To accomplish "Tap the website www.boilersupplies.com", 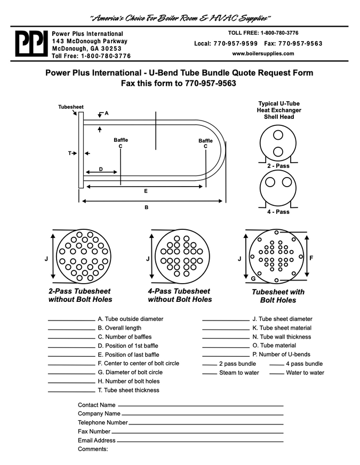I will [263, 53].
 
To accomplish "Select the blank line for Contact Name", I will [200, 406].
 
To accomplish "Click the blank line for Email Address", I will [200, 441].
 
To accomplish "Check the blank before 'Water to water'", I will [276, 373].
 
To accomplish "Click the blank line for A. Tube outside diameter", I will [71, 320].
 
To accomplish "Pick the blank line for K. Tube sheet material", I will [225, 329].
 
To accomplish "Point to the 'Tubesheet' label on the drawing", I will [71, 107].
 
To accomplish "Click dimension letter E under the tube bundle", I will [146, 191].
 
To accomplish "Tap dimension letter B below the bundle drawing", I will [146, 207].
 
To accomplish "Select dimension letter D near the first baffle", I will [101, 170].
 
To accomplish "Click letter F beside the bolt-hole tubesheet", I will [311, 258].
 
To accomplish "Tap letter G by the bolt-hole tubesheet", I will [253, 279].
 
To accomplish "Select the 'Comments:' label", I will [93, 449].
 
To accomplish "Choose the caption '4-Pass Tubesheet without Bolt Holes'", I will [180, 295].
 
